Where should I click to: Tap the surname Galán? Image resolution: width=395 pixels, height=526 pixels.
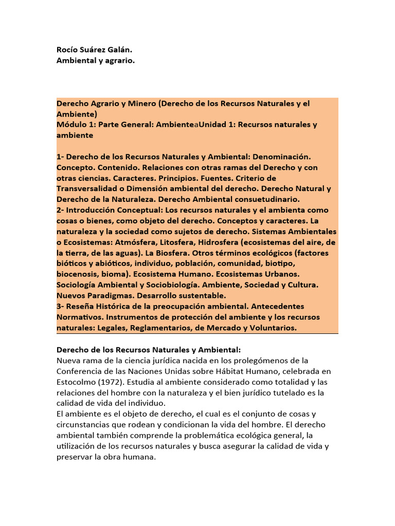coord(124,50)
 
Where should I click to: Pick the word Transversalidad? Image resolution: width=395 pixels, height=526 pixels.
coord(89,189)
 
